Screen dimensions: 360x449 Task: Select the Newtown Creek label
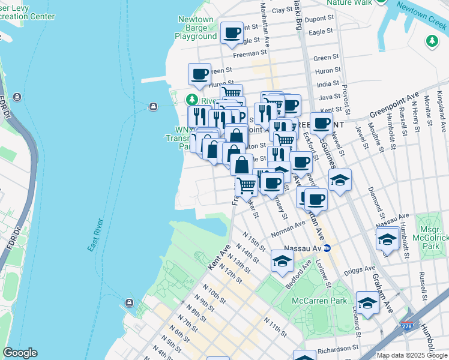click(x=421, y=20)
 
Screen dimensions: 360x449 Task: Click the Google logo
click(x=20, y=353)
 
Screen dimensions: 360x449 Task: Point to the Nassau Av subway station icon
click(x=327, y=248)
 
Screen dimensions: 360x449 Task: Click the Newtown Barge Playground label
click(x=196, y=28)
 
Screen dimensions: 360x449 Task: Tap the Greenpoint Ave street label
click(x=394, y=104)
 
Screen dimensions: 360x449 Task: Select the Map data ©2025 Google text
click(x=411, y=355)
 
